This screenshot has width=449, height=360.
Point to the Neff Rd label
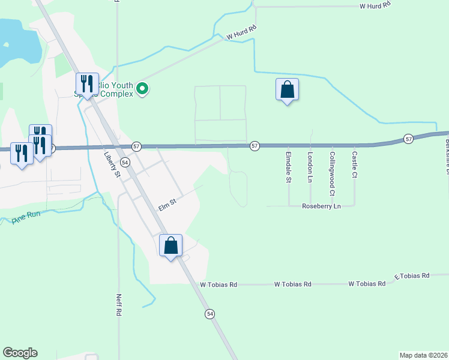(x=119, y=305)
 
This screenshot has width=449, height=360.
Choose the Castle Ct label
(x=354, y=165)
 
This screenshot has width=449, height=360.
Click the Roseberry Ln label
(x=321, y=206)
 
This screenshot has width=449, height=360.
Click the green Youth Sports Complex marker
(x=142, y=89)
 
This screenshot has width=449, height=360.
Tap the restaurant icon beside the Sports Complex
(x=87, y=84)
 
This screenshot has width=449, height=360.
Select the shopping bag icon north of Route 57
(x=288, y=90)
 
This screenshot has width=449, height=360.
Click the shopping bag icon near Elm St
(x=171, y=245)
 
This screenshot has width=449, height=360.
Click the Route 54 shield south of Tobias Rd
(x=209, y=314)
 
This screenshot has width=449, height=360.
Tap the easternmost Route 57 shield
(x=409, y=139)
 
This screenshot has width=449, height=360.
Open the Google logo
(x=20, y=353)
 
